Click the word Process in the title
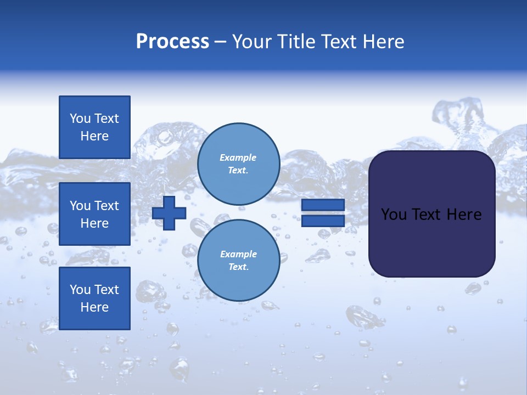tap(172, 42)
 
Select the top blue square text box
tap(94, 127)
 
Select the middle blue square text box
tap(94, 214)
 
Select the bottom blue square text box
tap(94, 298)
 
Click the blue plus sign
tap(169, 213)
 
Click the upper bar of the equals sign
tap(323, 205)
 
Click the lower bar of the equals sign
tap(323, 221)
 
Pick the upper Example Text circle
tap(238, 163)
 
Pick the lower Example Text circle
tap(238, 260)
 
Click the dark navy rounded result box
tap(431, 241)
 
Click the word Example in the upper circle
tap(238, 157)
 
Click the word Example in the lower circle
tap(238, 254)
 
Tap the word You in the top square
tap(80, 119)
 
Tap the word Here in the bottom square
tap(94, 307)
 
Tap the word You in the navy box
tap(394, 215)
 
